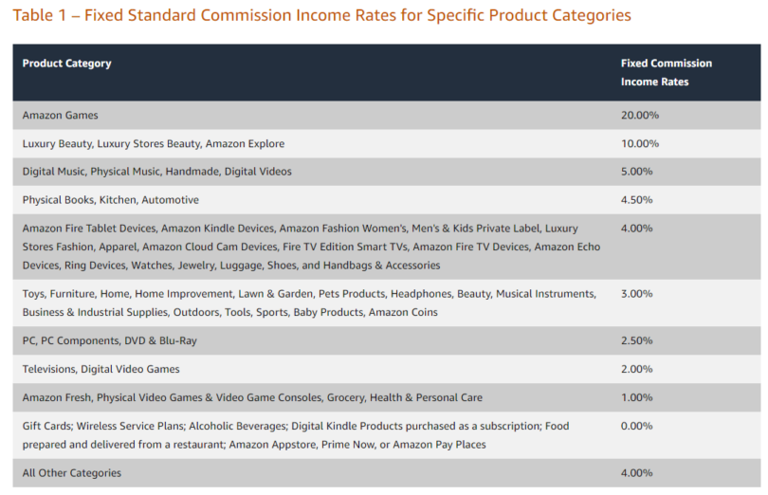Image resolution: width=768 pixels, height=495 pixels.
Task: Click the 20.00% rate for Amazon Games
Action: click(x=639, y=116)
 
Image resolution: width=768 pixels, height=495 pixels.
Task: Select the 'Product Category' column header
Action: click(x=66, y=64)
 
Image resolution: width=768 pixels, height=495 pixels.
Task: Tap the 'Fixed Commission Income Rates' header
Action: click(x=666, y=72)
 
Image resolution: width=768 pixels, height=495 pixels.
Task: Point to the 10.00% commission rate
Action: click(x=639, y=144)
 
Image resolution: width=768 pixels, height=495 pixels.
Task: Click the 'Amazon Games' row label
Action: click(x=60, y=116)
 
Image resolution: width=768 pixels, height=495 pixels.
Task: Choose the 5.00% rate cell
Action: click(x=636, y=172)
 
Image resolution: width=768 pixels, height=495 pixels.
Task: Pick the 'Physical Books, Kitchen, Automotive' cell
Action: click(x=110, y=200)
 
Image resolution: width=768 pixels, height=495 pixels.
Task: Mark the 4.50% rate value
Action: click(x=636, y=200)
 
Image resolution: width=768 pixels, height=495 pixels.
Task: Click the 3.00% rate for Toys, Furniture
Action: click(x=636, y=294)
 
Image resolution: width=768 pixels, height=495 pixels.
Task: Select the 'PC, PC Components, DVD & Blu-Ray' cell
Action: click(x=109, y=340)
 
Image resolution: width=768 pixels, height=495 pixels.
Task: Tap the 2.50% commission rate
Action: click(x=636, y=340)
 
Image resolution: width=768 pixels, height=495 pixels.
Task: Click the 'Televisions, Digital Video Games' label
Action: click(x=101, y=369)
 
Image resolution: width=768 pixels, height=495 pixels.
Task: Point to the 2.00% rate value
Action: click(x=636, y=369)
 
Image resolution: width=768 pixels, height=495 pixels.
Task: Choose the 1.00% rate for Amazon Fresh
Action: click(x=636, y=397)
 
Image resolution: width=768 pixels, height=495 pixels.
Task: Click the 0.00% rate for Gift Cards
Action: click(x=636, y=426)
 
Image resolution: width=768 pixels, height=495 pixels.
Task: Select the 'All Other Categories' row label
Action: click(x=71, y=472)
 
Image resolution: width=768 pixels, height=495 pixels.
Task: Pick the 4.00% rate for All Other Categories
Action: click(x=636, y=472)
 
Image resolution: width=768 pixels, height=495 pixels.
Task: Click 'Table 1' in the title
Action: click(x=40, y=15)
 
